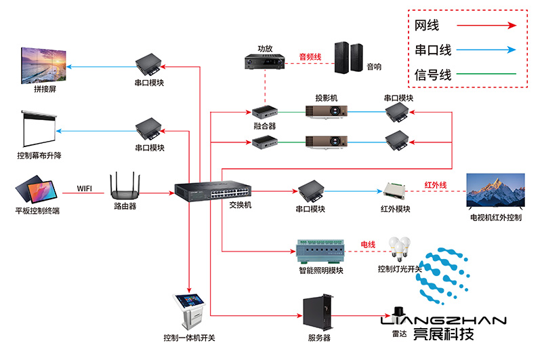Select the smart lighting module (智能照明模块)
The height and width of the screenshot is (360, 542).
point(321,251)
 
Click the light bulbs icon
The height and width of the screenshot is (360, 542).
point(400,247)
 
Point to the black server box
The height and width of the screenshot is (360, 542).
point(318,313)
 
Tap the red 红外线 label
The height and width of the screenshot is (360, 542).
point(435,184)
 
